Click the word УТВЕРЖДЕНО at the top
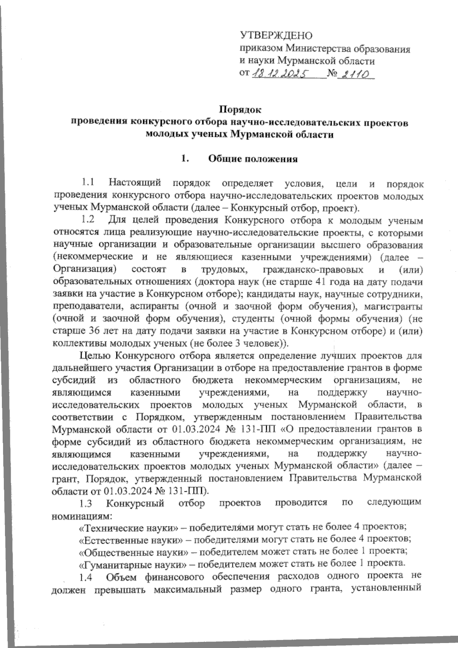tap(276, 36)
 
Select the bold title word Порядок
tap(240, 110)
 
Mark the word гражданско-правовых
tap(313, 270)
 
